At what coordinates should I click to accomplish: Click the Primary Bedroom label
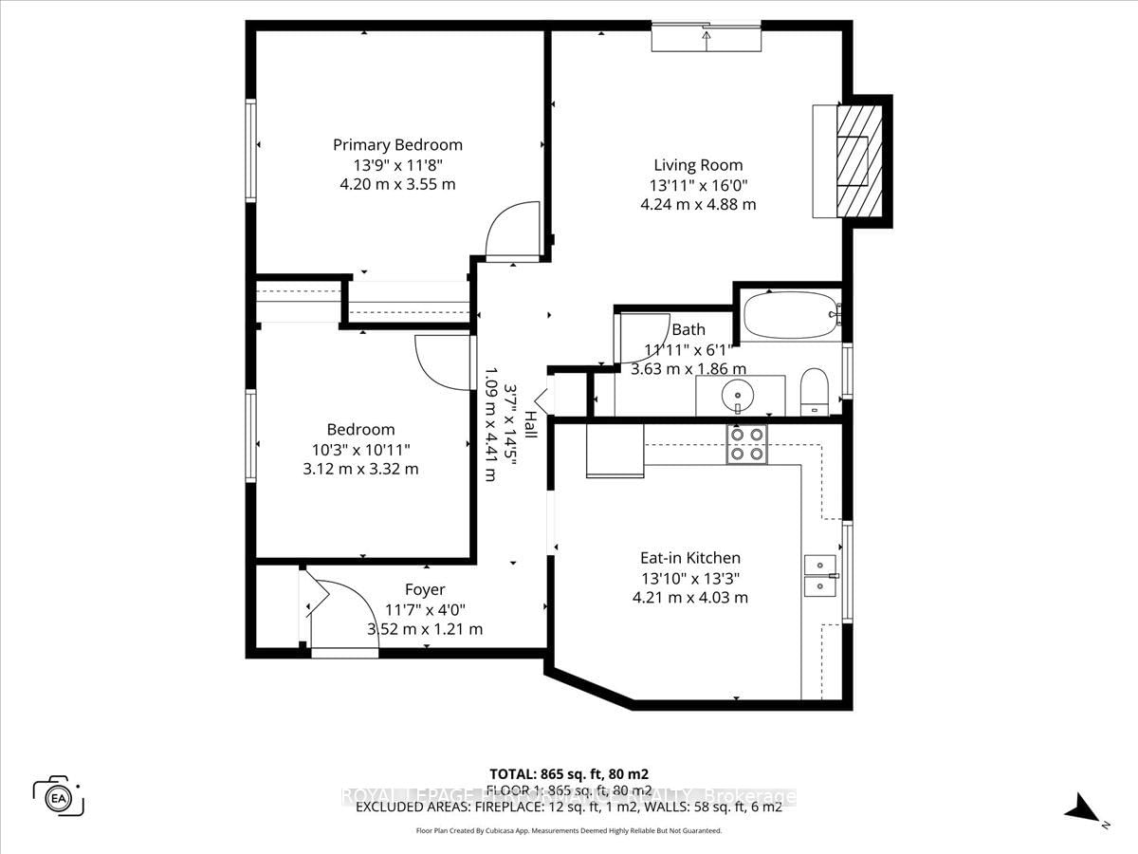pyautogui.click(x=397, y=145)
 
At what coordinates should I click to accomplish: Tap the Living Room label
pyautogui.click(x=698, y=165)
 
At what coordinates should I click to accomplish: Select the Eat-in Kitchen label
pyautogui.click(x=689, y=558)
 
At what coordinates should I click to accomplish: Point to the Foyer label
pyautogui.click(x=424, y=589)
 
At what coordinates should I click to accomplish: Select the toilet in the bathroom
pyautogui.click(x=814, y=391)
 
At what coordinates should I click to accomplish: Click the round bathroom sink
pyautogui.click(x=736, y=394)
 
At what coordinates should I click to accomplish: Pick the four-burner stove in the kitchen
pyautogui.click(x=746, y=444)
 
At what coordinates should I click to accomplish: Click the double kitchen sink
pyautogui.click(x=819, y=575)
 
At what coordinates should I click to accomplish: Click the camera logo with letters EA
pyautogui.click(x=59, y=795)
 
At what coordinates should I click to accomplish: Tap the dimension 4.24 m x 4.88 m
pyautogui.click(x=697, y=204)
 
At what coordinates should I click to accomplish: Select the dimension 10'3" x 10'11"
pyautogui.click(x=360, y=449)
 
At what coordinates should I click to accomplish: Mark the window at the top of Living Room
pyautogui.click(x=706, y=39)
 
